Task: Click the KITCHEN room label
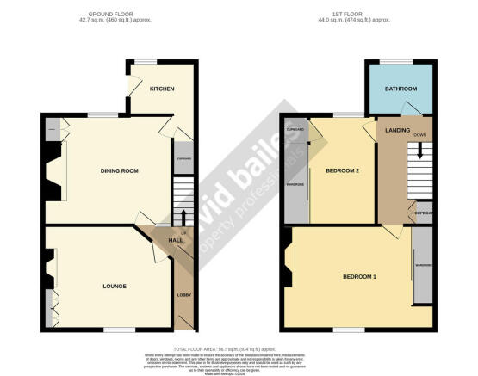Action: pos(163,89)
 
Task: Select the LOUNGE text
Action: pos(114,286)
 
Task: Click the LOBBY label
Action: pos(183,296)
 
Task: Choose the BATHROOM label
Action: pos(400,89)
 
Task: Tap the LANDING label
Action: pos(398,130)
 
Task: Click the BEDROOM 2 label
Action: pos(341,170)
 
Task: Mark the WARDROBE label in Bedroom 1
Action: pos(422,265)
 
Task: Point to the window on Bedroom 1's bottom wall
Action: pos(345,330)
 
